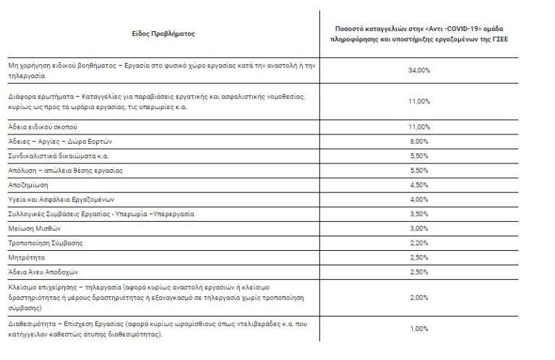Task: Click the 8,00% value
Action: tap(419, 141)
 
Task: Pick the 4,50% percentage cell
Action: tap(419, 185)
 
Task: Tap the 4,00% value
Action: tap(419, 200)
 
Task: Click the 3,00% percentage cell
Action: tap(419, 228)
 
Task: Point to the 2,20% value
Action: tap(419, 243)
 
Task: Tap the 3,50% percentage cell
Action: tap(419, 214)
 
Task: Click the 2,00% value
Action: tap(419, 297)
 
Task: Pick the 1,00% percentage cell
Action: tap(419, 329)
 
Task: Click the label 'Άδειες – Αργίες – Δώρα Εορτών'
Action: tap(60, 141)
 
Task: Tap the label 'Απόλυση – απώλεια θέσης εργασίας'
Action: tap(65, 171)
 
